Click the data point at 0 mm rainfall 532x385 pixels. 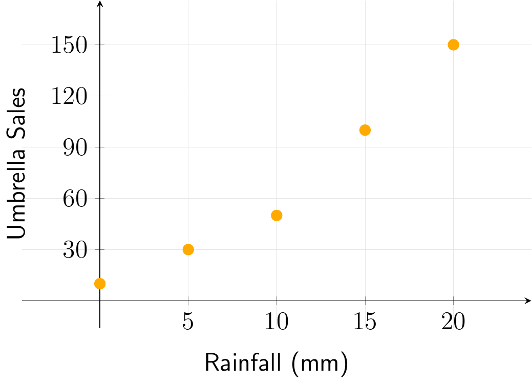pyautogui.click(x=100, y=284)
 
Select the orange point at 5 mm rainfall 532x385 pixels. pyautogui.click(x=188, y=249)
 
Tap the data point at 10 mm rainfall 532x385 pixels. pyautogui.click(x=276, y=215)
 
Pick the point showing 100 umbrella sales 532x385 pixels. pyautogui.click(x=365, y=130)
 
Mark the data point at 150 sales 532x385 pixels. pyautogui.click(x=453, y=45)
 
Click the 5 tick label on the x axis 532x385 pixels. pyautogui.click(x=188, y=323)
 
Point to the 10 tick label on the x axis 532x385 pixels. pyautogui.click(x=276, y=323)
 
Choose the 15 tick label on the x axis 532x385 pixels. pyautogui.click(x=365, y=323)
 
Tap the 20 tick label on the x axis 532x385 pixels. pyautogui.click(x=453, y=323)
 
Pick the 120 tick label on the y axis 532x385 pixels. pyautogui.click(x=69, y=96)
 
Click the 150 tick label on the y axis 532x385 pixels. pyautogui.click(x=69, y=45)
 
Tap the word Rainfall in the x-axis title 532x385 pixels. pyautogui.click(x=239, y=362)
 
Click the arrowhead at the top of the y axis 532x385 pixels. pyautogui.click(x=100, y=4)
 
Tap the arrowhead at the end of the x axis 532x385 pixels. pyautogui.click(x=528, y=301)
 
